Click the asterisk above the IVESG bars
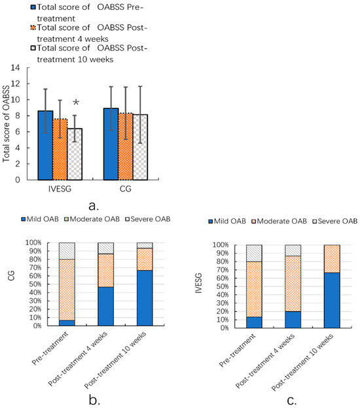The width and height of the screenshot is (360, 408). pos(76,103)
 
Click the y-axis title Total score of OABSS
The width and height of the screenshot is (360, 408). pos(7,124)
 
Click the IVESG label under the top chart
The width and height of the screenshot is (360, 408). pos(60,190)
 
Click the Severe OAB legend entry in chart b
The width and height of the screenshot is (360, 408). pos(148,218)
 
